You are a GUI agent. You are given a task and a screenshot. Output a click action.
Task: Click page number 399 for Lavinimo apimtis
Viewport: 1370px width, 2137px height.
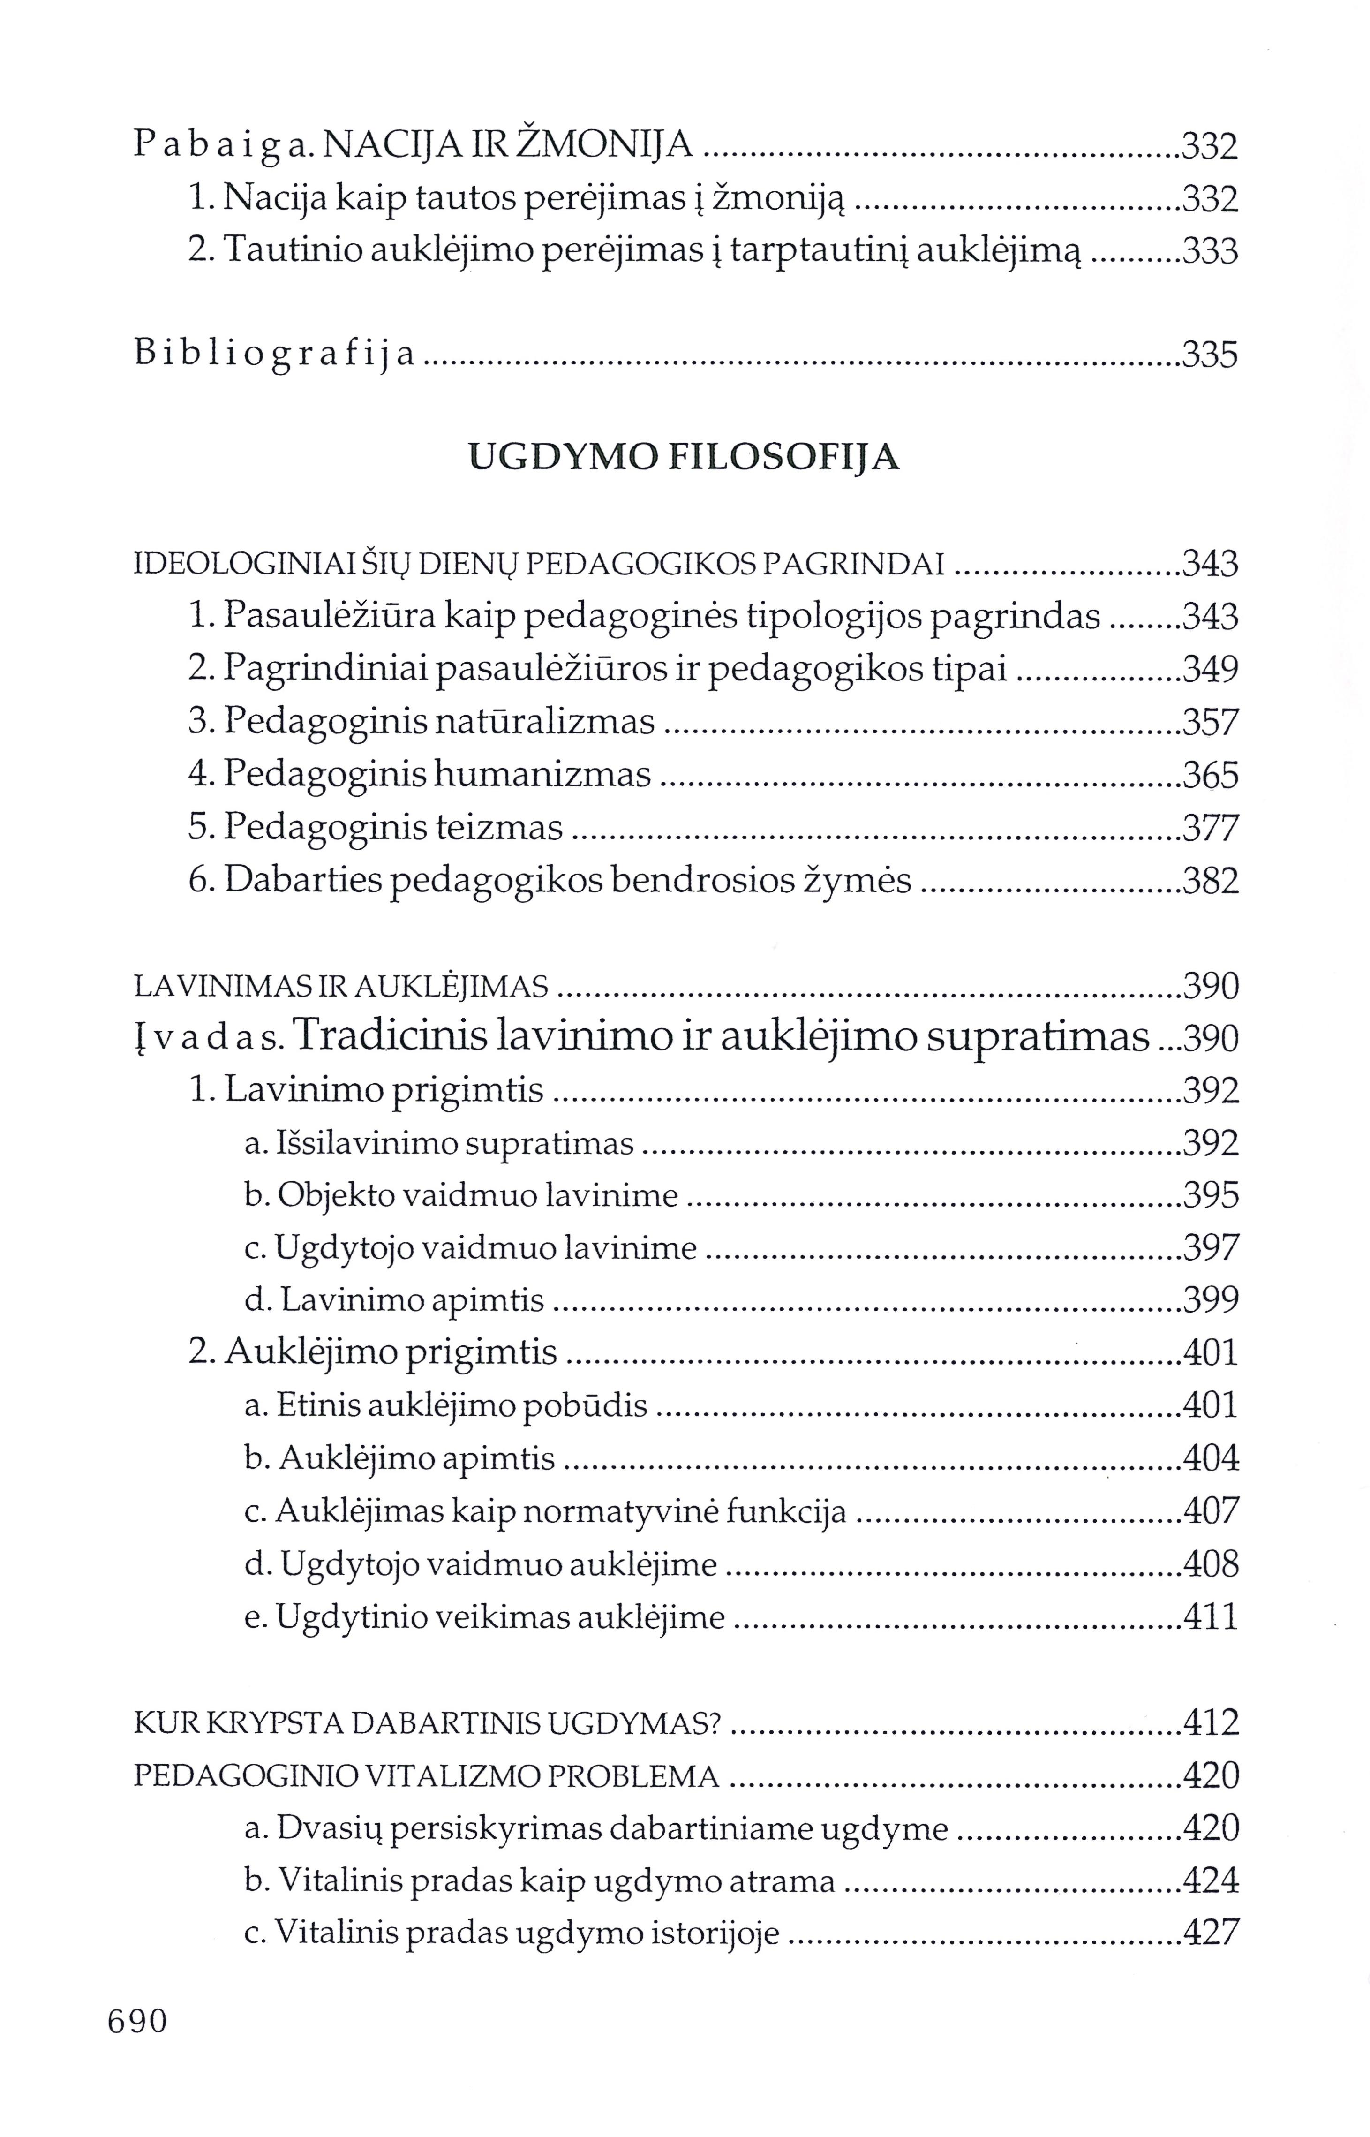[x=1211, y=1301]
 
